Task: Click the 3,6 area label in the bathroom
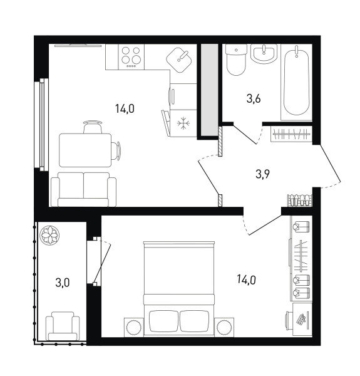tap(254, 98)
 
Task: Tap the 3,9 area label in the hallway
tap(262, 174)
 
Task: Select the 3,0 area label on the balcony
tap(62, 283)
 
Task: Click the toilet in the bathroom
tap(236, 60)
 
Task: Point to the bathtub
tap(296, 82)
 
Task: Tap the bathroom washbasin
tap(264, 53)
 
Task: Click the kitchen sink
tap(179, 60)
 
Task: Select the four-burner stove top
tap(131, 57)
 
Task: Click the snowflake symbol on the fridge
tap(183, 123)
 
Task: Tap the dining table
tap(85, 150)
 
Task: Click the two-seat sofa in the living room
tap(84, 189)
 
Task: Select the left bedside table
tap(133, 327)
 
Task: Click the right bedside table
tap(224, 327)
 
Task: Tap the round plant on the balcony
tap(49, 235)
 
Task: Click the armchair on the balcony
tap(63, 326)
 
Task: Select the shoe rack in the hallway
tap(300, 201)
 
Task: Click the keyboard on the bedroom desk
tap(301, 320)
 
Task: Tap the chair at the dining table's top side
tap(93, 127)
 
